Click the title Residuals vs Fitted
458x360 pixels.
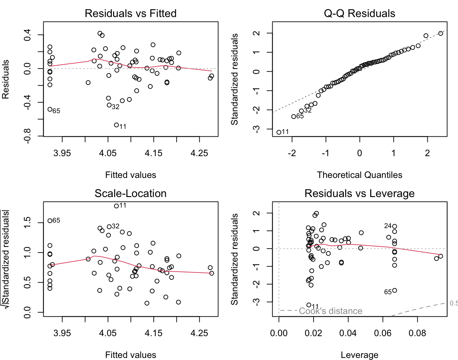(x=131, y=13)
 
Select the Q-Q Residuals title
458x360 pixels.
(x=360, y=13)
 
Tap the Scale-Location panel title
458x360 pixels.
(x=131, y=193)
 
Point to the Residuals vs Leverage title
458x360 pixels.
(x=360, y=193)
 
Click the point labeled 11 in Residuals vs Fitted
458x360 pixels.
(x=116, y=125)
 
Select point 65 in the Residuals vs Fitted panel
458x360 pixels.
(x=50, y=109)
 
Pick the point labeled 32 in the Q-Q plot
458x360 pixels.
(x=301, y=111)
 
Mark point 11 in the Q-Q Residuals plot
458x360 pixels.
(x=279, y=132)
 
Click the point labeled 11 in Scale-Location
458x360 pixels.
(x=116, y=206)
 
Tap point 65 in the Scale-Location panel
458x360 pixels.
(x=50, y=221)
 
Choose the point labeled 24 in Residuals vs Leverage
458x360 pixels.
(x=395, y=226)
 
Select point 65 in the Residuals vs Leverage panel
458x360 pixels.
(x=395, y=290)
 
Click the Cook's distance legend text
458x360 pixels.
(x=330, y=311)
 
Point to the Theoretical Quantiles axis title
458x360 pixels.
(x=360, y=175)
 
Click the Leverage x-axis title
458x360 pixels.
(x=360, y=355)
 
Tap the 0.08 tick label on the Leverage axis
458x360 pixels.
(x=417, y=333)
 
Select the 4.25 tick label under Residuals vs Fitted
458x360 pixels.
(x=199, y=153)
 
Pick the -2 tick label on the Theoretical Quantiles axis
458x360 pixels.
(x=292, y=153)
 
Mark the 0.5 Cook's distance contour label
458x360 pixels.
(x=454, y=303)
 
